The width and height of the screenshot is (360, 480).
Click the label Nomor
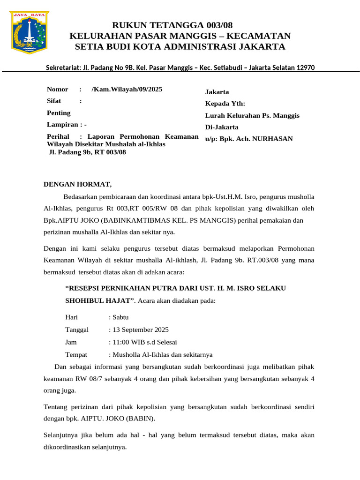click(58, 89)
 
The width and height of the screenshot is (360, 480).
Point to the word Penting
click(59, 113)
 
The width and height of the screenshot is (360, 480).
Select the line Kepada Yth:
click(225, 104)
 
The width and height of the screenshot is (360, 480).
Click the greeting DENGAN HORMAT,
click(78, 184)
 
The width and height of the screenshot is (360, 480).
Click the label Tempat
click(76, 354)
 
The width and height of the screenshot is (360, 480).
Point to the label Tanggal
click(77, 330)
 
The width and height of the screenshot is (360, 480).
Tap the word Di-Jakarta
click(222, 127)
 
